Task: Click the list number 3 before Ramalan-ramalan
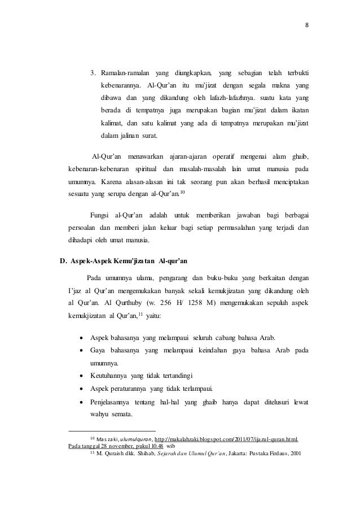(x=94, y=73)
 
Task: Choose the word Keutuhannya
(x=108, y=374)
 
